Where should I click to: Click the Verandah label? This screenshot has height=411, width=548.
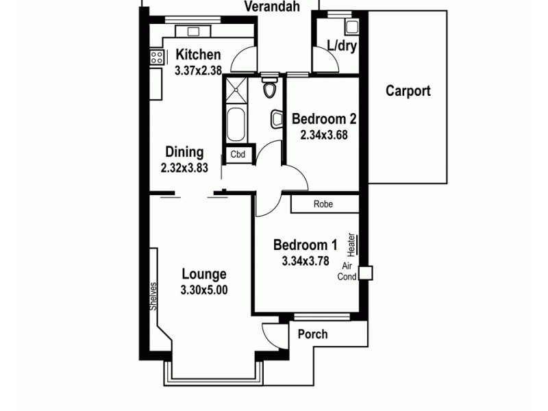pyautogui.click(x=273, y=8)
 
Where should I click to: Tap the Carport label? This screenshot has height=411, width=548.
pyautogui.click(x=408, y=90)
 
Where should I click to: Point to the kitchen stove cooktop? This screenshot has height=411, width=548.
pyautogui.click(x=154, y=58)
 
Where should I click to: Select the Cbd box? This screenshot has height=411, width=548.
pyautogui.click(x=238, y=155)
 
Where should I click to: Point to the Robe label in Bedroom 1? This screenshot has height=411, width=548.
pyautogui.click(x=323, y=204)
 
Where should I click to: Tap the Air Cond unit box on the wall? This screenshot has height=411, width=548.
pyautogui.click(x=366, y=273)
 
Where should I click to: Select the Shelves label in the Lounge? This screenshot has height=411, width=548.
pyautogui.click(x=154, y=297)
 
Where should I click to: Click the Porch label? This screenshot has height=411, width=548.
pyautogui.click(x=312, y=334)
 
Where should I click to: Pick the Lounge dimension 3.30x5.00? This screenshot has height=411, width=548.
pyautogui.click(x=204, y=290)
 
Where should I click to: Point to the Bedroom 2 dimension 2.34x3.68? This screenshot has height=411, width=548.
pyautogui.click(x=323, y=135)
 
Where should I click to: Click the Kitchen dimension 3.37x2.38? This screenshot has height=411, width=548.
pyautogui.click(x=198, y=70)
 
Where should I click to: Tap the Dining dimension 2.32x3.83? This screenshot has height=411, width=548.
pyautogui.click(x=184, y=167)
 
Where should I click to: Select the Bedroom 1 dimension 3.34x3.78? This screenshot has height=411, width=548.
pyautogui.click(x=305, y=260)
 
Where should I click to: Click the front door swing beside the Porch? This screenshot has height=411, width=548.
pyautogui.click(x=272, y=334)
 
